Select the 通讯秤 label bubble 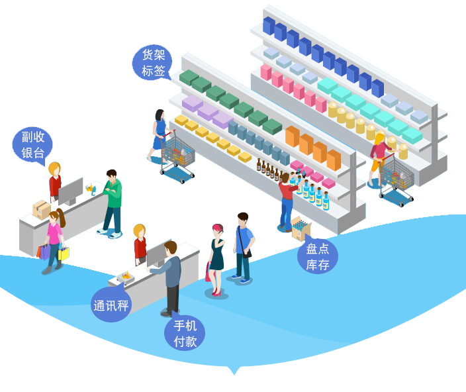tap(111, 305)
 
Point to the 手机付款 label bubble tap(185, 333)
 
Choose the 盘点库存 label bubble tap(317, 256)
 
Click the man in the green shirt tap(113, 202)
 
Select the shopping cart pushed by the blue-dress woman tap(179, 158)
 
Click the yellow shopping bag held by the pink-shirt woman tap(64, 253)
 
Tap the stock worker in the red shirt tap(287, 200)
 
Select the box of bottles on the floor tap(301, 228)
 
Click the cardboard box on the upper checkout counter tap(42, 210)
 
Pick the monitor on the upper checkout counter tap(71, 191)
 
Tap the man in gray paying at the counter tap(171, 277)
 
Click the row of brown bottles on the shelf tap(269, 170)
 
